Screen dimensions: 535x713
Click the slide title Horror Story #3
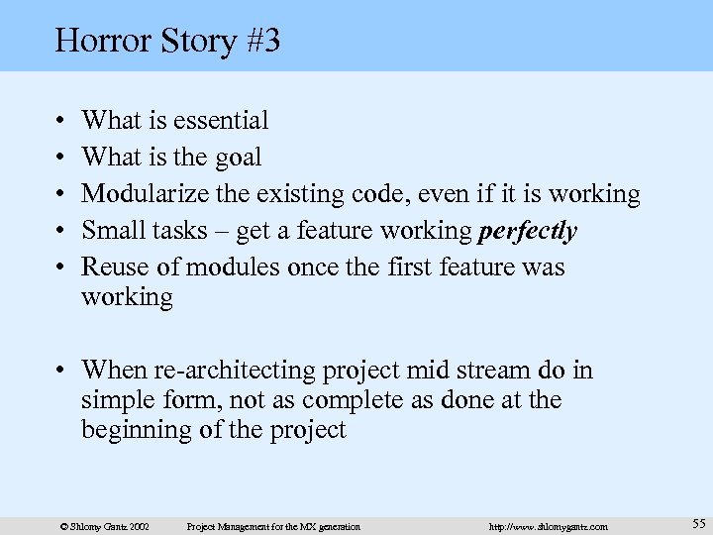point(167,41)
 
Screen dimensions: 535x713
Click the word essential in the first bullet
point(220,121)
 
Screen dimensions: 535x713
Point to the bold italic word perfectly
point(527,231)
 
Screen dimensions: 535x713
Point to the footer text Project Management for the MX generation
point(274,526)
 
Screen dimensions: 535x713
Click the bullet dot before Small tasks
point(62,232)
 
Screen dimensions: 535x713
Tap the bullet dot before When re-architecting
point(62,372)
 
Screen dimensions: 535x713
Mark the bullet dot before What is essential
point(62,122)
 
